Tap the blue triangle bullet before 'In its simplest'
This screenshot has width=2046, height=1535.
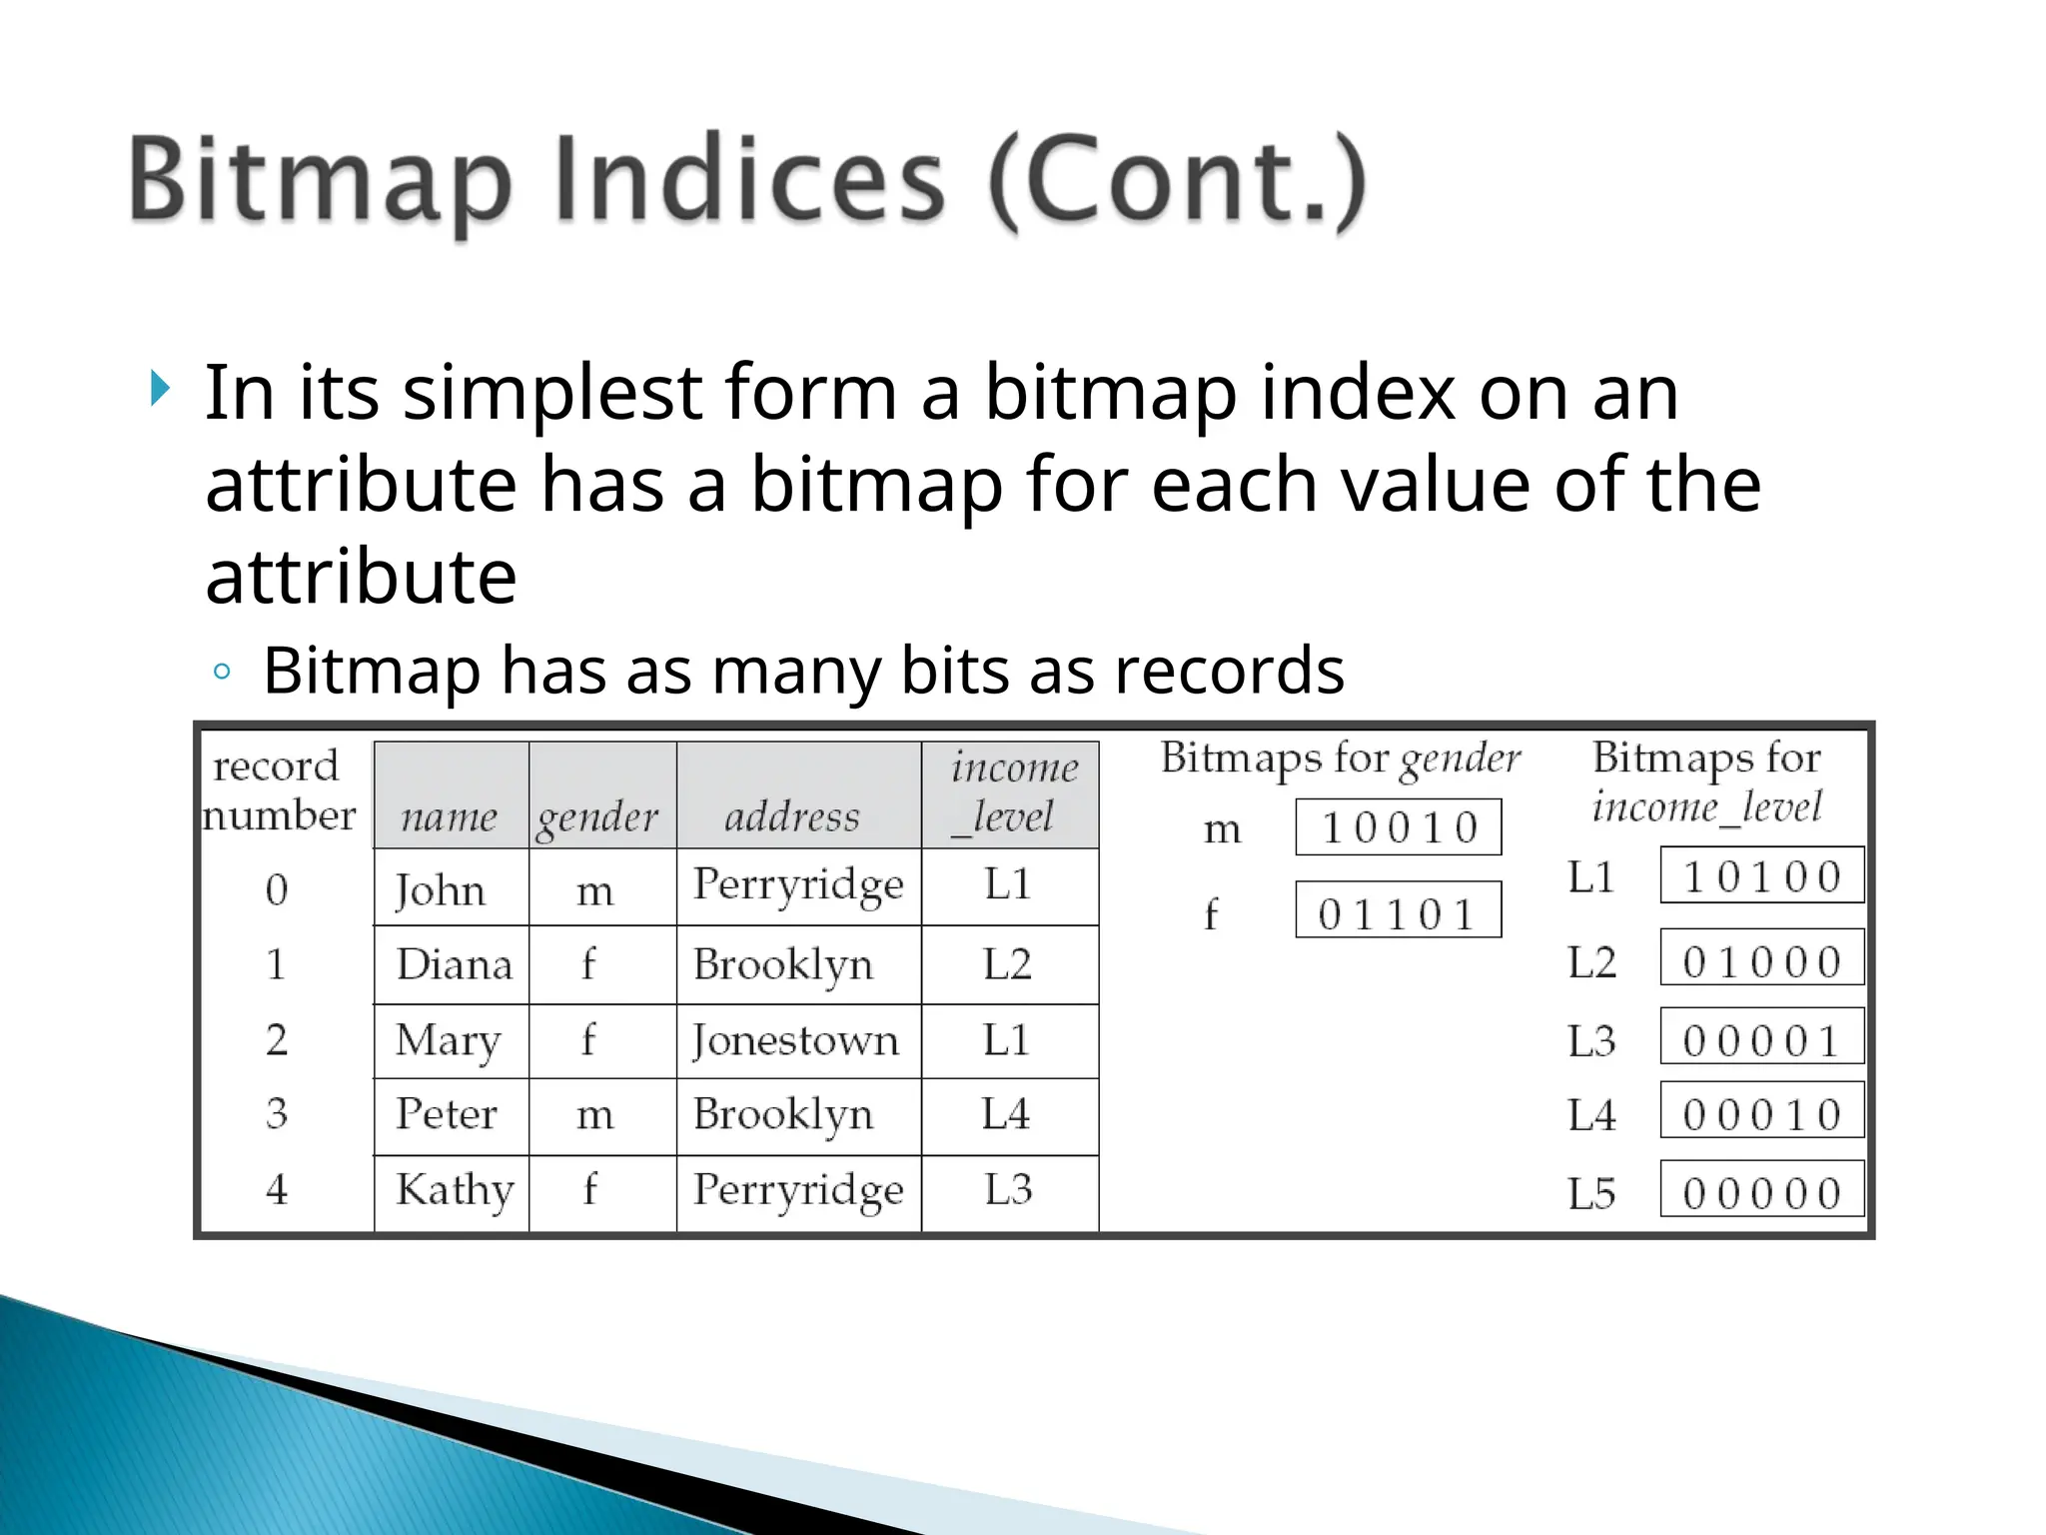(x=160, y=388)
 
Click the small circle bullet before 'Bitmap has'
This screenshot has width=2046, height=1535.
(x=222, y=671)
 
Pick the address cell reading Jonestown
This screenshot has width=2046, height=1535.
(x=796, y=1040)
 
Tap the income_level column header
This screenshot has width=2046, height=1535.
(x=1011, y=792)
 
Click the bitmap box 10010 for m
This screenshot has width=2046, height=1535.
(x=1398, y=827)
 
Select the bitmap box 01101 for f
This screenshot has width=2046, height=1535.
(x=1398, y=910)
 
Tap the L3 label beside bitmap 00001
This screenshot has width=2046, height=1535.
(x=1590, y=1041)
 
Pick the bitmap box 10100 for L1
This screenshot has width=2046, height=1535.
(x=1761, y=875)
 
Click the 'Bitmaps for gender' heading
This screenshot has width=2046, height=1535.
(x=1340, y=759)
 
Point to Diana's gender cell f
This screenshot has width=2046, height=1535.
(x=588, y=964)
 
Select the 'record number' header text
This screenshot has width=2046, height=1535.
(x=279, y=790)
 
